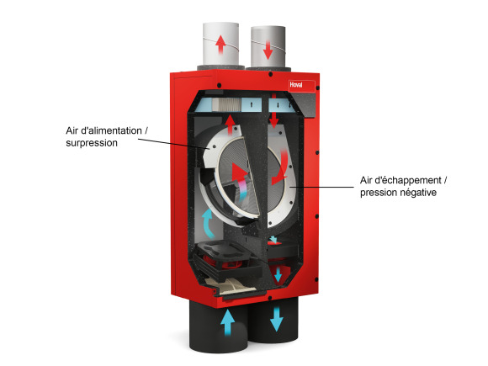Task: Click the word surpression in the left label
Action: [x=92, y=143]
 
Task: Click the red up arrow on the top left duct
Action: [x=220, y=45]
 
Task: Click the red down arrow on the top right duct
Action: [x=268, y=50]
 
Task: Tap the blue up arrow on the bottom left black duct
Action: [x=227, y=322]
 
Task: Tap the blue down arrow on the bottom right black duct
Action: [x=276, y=319]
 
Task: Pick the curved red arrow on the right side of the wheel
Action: [x=281, y=168]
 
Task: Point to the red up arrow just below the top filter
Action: [x=230, y=125]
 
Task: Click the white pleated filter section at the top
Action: [x=227, y=104]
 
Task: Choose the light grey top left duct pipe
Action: [x=221, y=45]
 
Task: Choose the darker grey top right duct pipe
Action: [x=268, y=47]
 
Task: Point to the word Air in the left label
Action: [x=72, y=130]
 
